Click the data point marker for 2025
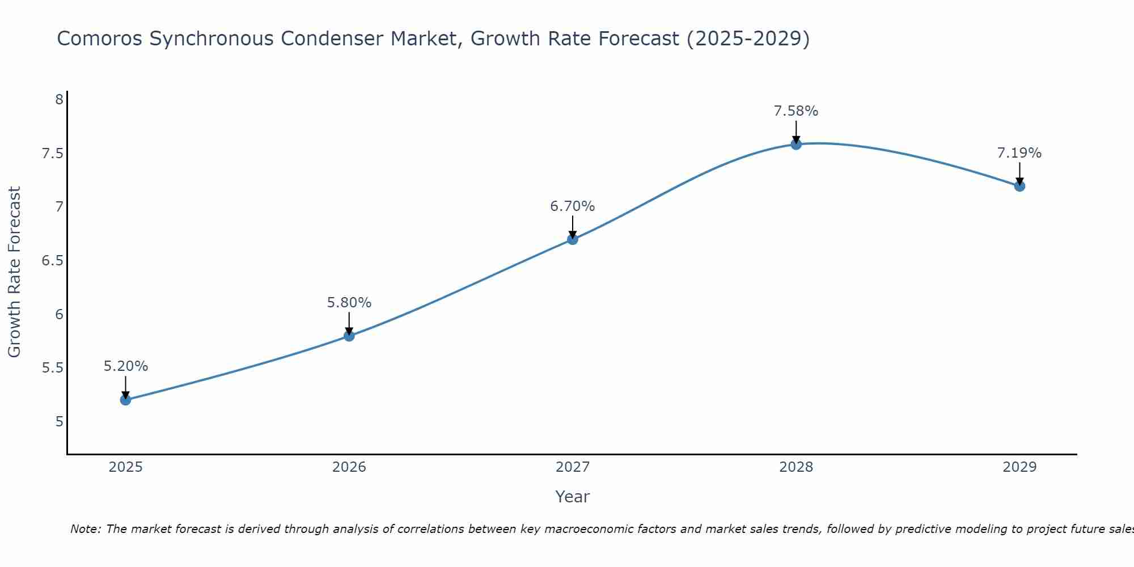coord(125,400)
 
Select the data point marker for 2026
coord(349,336)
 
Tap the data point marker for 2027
coord(572,239)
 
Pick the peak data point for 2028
coord(796,144)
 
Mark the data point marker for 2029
coord(1019,186)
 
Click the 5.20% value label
coord(125,366)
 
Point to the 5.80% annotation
coord(349,303)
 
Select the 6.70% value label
coord(572,206)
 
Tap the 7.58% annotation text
coord(796,111)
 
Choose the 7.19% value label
coord(1019,153)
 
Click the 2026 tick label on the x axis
coord(349,467)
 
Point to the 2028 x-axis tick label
coord(796,467)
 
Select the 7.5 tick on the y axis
coord(53,154)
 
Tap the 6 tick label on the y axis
coord(59,315)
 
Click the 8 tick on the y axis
coord(59,100)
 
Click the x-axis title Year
coord(572,497)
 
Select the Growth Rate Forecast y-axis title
coord(14,272)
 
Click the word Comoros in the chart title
coord(100,39)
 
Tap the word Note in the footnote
coord(85,529)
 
